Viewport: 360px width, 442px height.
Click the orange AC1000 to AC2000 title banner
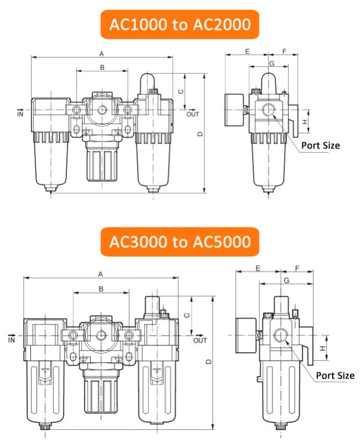179,24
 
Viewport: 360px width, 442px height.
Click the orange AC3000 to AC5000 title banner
179,241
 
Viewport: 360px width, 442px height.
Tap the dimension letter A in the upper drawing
101,54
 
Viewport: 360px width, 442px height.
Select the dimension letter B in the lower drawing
101,289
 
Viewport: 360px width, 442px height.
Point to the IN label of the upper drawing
20,114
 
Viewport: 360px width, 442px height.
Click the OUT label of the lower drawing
200,340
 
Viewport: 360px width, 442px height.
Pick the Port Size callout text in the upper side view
321,146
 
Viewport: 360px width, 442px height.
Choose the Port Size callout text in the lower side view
335,376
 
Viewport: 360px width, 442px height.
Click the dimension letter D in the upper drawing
200,134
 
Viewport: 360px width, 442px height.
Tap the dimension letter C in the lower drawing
187,315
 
